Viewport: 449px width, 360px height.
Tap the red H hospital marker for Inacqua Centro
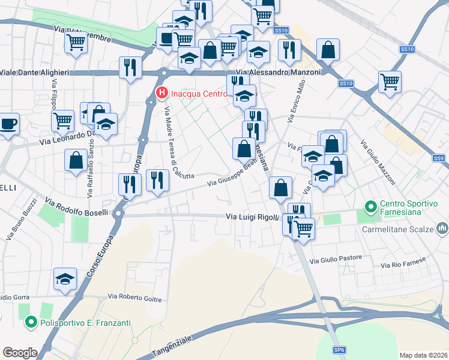161,93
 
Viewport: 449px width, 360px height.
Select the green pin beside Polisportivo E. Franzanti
31,323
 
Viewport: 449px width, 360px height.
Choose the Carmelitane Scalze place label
399,228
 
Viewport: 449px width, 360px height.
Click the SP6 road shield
340,350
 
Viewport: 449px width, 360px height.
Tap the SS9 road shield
439,158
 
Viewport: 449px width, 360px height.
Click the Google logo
20,352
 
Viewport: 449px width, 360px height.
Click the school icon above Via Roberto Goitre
65,279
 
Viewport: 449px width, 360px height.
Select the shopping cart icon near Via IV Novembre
76,43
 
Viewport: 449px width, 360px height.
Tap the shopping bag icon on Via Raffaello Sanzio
76,160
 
